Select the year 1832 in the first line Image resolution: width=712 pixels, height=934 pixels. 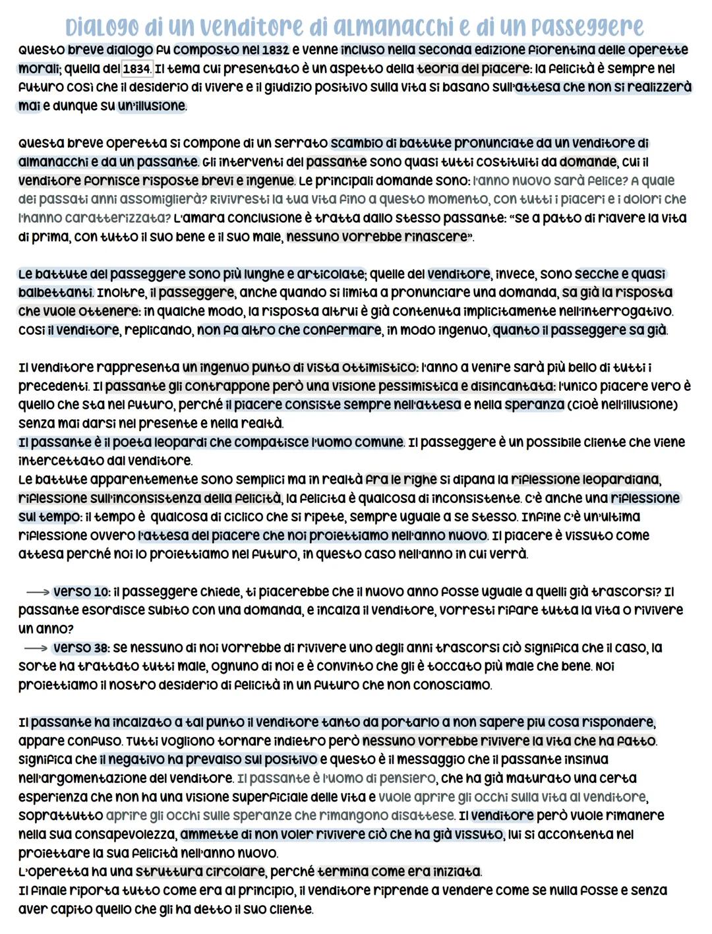pyautogui.click(x=276, y=50)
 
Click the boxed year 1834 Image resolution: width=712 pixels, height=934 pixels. pyautogui.click(x=137, y=69)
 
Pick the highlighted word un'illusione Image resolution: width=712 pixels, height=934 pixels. pyautogui.click(x=152, y=106)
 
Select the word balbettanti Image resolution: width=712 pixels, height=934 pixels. pyautogui.click(x=56, y=292)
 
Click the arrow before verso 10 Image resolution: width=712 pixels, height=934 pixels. pyautogui.click(x=37, y=592)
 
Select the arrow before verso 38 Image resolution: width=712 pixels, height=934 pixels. pyautogui.click(x=37, y=648)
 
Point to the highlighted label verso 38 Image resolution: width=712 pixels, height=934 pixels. pyautogui.click(x=80, y=648)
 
